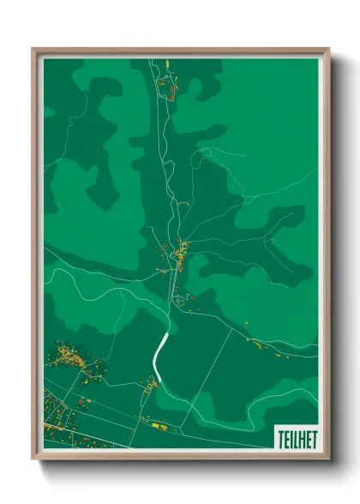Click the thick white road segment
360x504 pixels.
click(159, 351)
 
